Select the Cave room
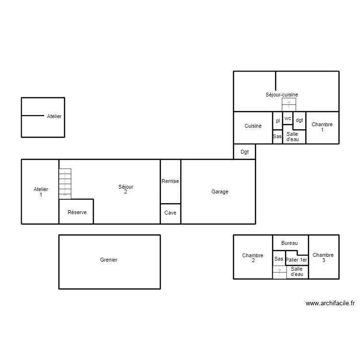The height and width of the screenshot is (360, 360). click(x=170, y=213)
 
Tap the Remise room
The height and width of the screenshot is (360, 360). click(x=170, y=181)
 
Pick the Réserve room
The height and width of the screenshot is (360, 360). click(x=76, y=212)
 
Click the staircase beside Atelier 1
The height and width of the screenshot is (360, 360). click(x=65, y=183)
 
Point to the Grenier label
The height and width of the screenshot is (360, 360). click(x=109, y=260)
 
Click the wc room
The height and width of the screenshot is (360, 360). click(x=288, y=118)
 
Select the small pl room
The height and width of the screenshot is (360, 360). click(x=277, y=121)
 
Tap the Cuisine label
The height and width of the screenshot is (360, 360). click(x=253, y=126)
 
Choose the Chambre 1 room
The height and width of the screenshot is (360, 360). click(x=322, y=127)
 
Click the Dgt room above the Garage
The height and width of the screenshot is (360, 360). click(x=244, y=152)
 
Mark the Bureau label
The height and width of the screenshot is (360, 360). click(x=289, y=243)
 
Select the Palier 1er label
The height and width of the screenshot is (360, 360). click(x=296, y=260)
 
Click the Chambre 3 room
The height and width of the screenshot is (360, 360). click(x=323, y=257)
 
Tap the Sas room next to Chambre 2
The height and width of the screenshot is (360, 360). click(x=279, y=259)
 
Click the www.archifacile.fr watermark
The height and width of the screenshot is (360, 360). click(x=330, y=303)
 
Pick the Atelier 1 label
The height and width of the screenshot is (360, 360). click(x=41, y=192)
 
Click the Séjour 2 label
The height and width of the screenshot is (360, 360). click(x=126, y=189)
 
